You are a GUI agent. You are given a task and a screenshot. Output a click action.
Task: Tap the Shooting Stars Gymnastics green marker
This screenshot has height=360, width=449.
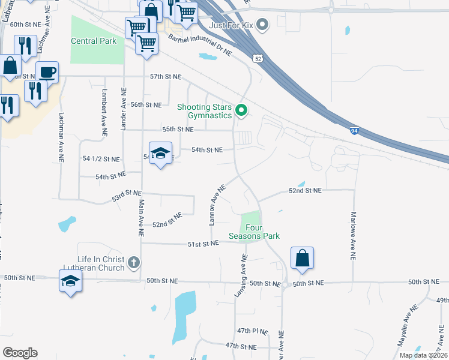[x=241, y=110]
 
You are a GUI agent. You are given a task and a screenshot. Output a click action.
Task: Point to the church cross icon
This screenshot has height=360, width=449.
[x=134, y=262]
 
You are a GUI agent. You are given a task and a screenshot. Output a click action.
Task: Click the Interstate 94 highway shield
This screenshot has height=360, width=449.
[x=355, y=130]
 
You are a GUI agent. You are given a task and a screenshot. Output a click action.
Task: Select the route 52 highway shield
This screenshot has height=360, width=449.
[x=258, y=59]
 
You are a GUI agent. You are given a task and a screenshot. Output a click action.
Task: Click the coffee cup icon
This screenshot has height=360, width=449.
[x=47, y=72]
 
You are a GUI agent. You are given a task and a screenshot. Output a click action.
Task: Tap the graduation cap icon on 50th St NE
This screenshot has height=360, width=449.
[x=70, y=280]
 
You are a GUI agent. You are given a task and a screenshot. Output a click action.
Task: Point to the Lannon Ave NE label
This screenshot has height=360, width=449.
[x=217, y=205]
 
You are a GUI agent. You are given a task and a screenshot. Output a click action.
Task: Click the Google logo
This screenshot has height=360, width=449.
[x=20, y=353]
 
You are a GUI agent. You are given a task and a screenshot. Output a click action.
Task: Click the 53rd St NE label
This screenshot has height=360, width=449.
[x=126, y=195]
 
